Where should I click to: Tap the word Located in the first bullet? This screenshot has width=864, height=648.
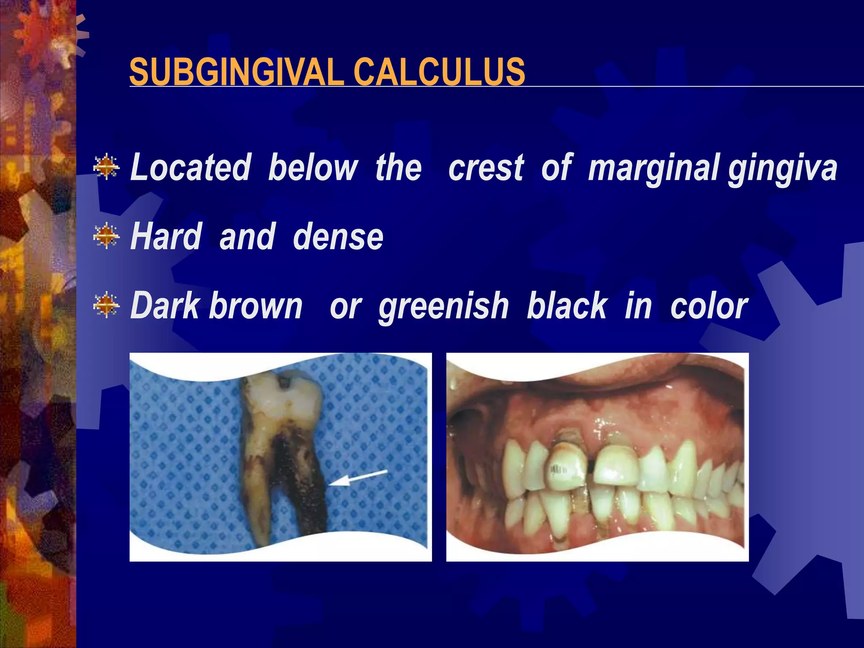point(191,168)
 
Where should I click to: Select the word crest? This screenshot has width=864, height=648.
point(486,168)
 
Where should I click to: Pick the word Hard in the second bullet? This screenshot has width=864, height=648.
point(166,237)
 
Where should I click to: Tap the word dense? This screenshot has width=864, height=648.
point(338,237)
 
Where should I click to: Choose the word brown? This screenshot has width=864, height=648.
point(256,306)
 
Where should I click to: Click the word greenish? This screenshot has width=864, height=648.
point(443,307)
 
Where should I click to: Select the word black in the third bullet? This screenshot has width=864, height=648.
point(567,306)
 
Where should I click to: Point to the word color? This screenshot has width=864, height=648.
point(709,306)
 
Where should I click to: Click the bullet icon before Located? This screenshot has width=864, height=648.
point(106,167)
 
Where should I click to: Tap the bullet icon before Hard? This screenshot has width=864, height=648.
point(106,235)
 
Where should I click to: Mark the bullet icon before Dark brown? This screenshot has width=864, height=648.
point(106,305)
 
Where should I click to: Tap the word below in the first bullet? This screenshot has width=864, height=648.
point(313,168)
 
